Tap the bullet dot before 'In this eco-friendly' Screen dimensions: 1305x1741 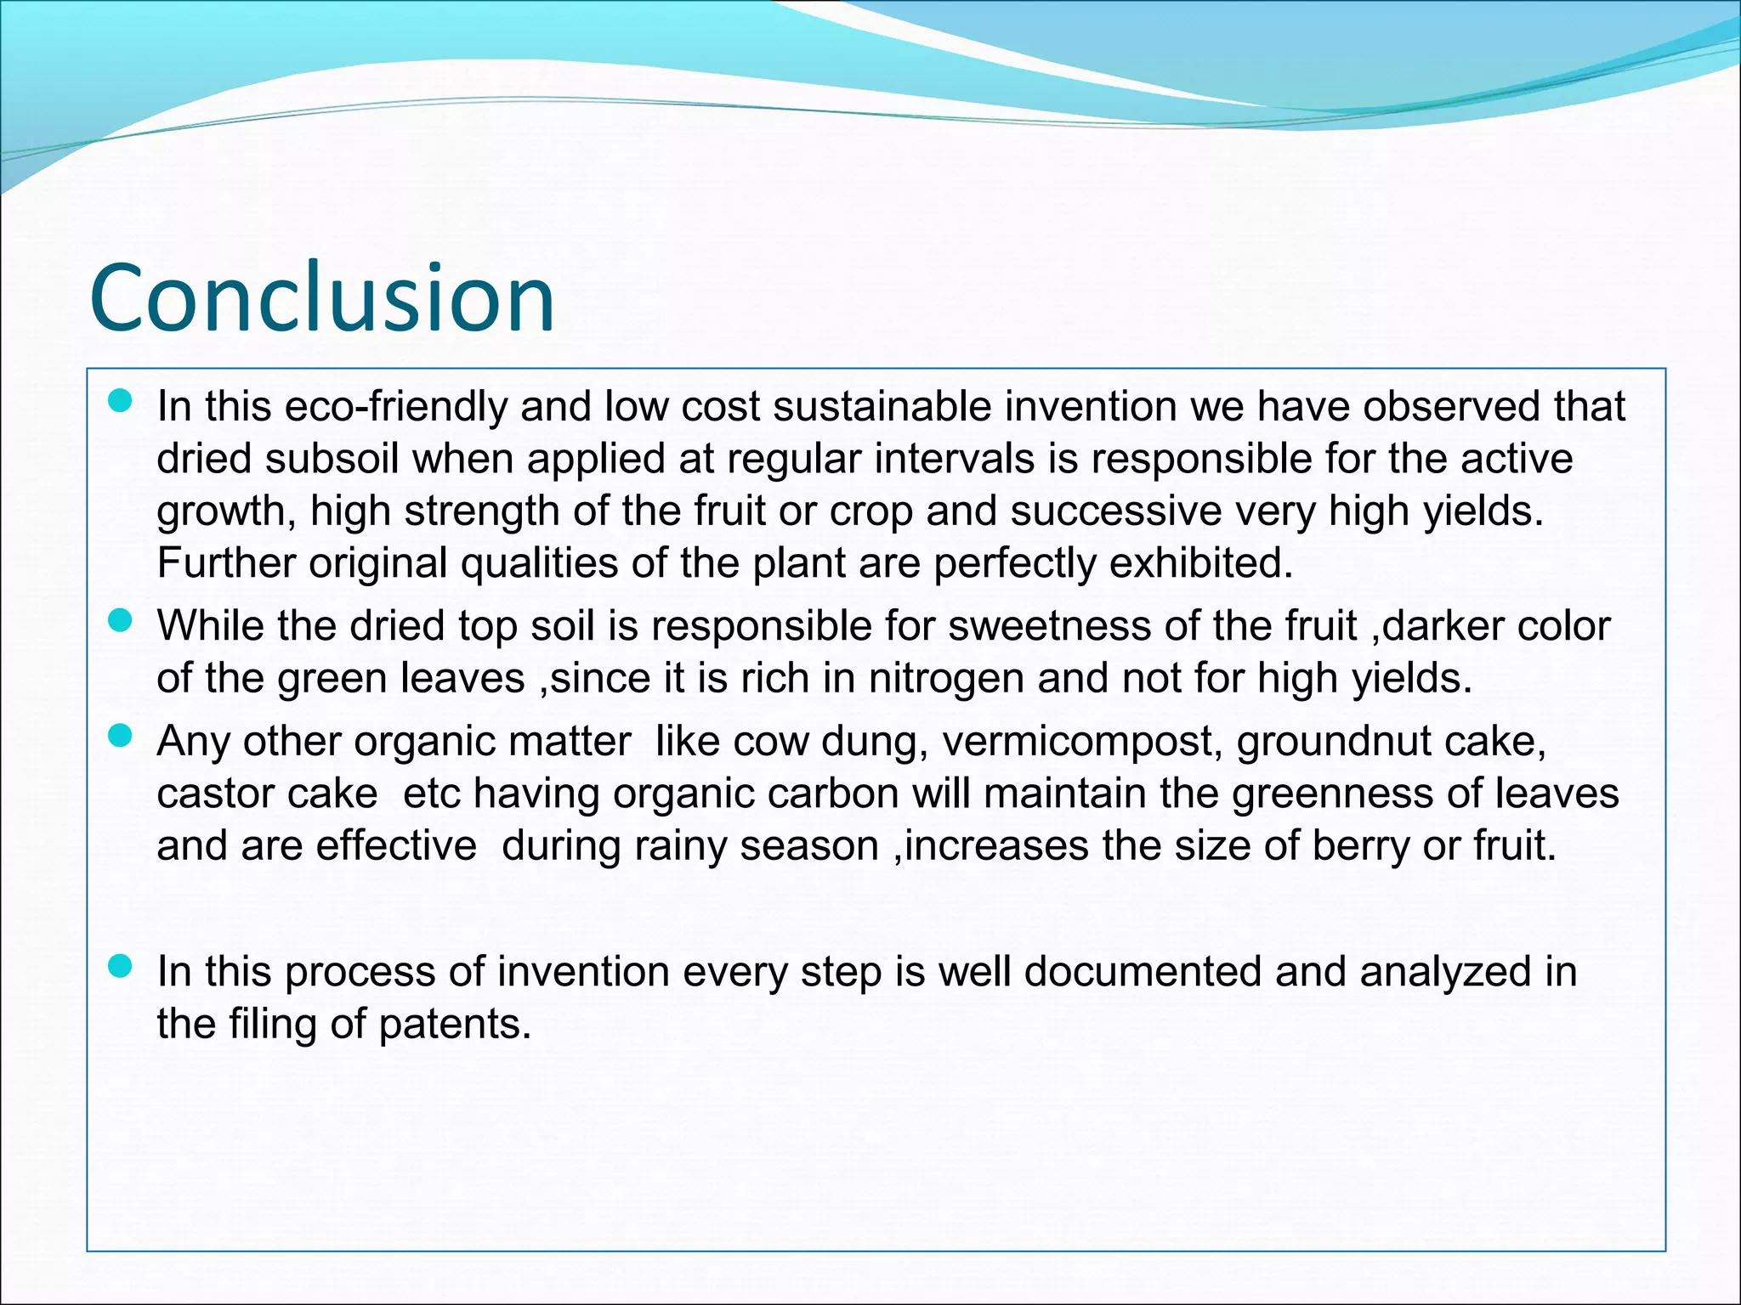tap(122, 401)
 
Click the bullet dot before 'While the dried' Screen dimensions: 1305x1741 tap(122, 621)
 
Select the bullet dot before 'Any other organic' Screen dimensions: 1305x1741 tap(122, 736)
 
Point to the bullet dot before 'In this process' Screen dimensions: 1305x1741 tap(122, 966)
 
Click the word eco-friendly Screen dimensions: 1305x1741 tap(396, 406)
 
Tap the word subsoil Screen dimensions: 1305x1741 tap(332, 460)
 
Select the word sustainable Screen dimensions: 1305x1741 tap(882, 406)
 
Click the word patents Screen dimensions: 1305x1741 tap(454, 1024)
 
